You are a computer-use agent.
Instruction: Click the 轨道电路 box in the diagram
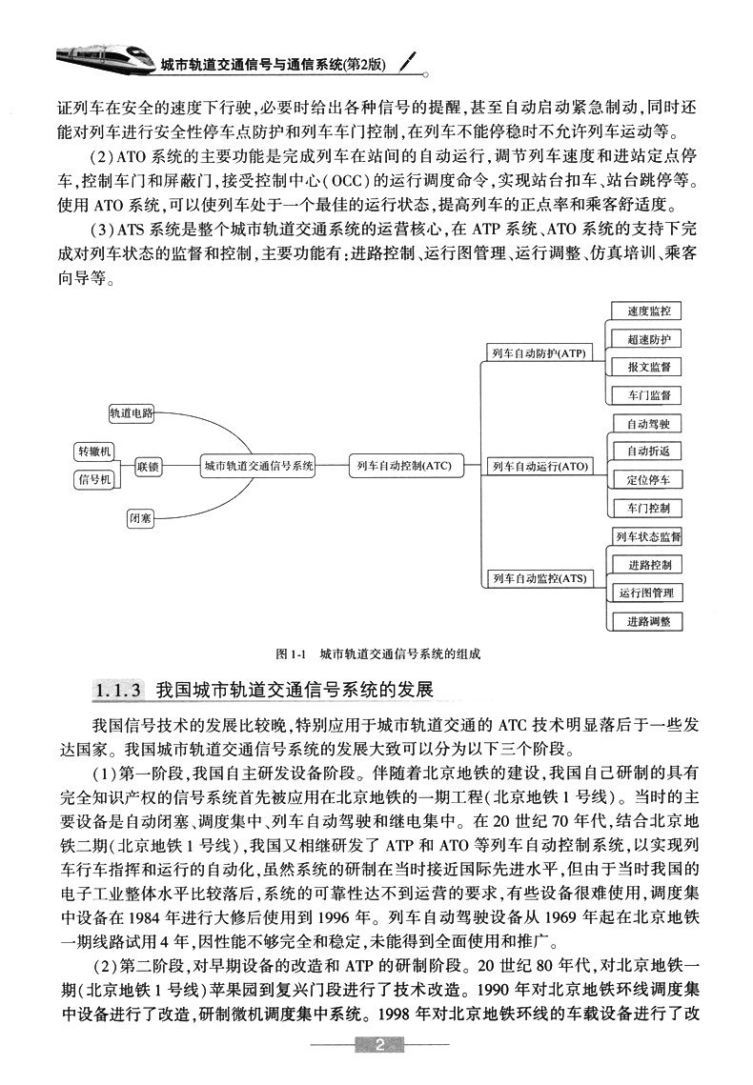tap(132, 412)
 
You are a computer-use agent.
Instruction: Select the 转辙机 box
tap(94, 451)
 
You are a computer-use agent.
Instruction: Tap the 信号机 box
tap(94, 480)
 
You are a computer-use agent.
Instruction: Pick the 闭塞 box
tap(139, 518)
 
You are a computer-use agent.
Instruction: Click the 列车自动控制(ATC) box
tap(403, 466)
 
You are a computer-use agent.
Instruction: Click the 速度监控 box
tap(648, 311)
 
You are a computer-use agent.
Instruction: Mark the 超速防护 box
tap(648, 339)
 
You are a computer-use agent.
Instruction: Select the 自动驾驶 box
tap(648, 424)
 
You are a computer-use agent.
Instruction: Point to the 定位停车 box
tap(648, 479)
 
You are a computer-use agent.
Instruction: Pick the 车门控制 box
tap(648, 508)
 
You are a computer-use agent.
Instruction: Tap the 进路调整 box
tap(648, 621)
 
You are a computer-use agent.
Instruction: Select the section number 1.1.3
tap(119, 688)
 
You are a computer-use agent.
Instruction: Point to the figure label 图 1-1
tap(288, 654)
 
